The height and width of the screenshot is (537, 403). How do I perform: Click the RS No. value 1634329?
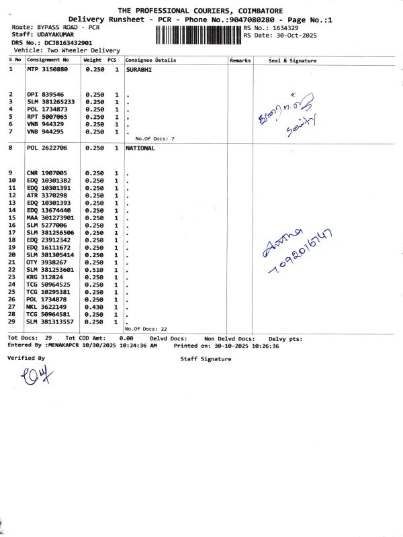click(x=282, y=28)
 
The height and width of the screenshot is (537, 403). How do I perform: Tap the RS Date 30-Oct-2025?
click(x=289, y=36)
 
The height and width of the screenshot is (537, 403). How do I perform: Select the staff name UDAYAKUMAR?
click(x=56, y=34)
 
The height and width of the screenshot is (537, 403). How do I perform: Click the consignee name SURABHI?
click(x=138, y=69)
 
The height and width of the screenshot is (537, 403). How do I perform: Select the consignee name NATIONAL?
click(x=140, y=148)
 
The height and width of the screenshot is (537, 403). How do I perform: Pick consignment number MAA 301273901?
click(x=50, y=218)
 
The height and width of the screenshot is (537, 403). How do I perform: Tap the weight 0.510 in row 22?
click(x=93, y=270)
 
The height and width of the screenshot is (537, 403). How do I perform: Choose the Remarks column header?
click(x=240, y=60)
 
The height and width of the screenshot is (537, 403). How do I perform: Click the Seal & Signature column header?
click(x=292, y=60)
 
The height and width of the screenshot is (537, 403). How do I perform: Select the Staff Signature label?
click(x=206, y=359)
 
